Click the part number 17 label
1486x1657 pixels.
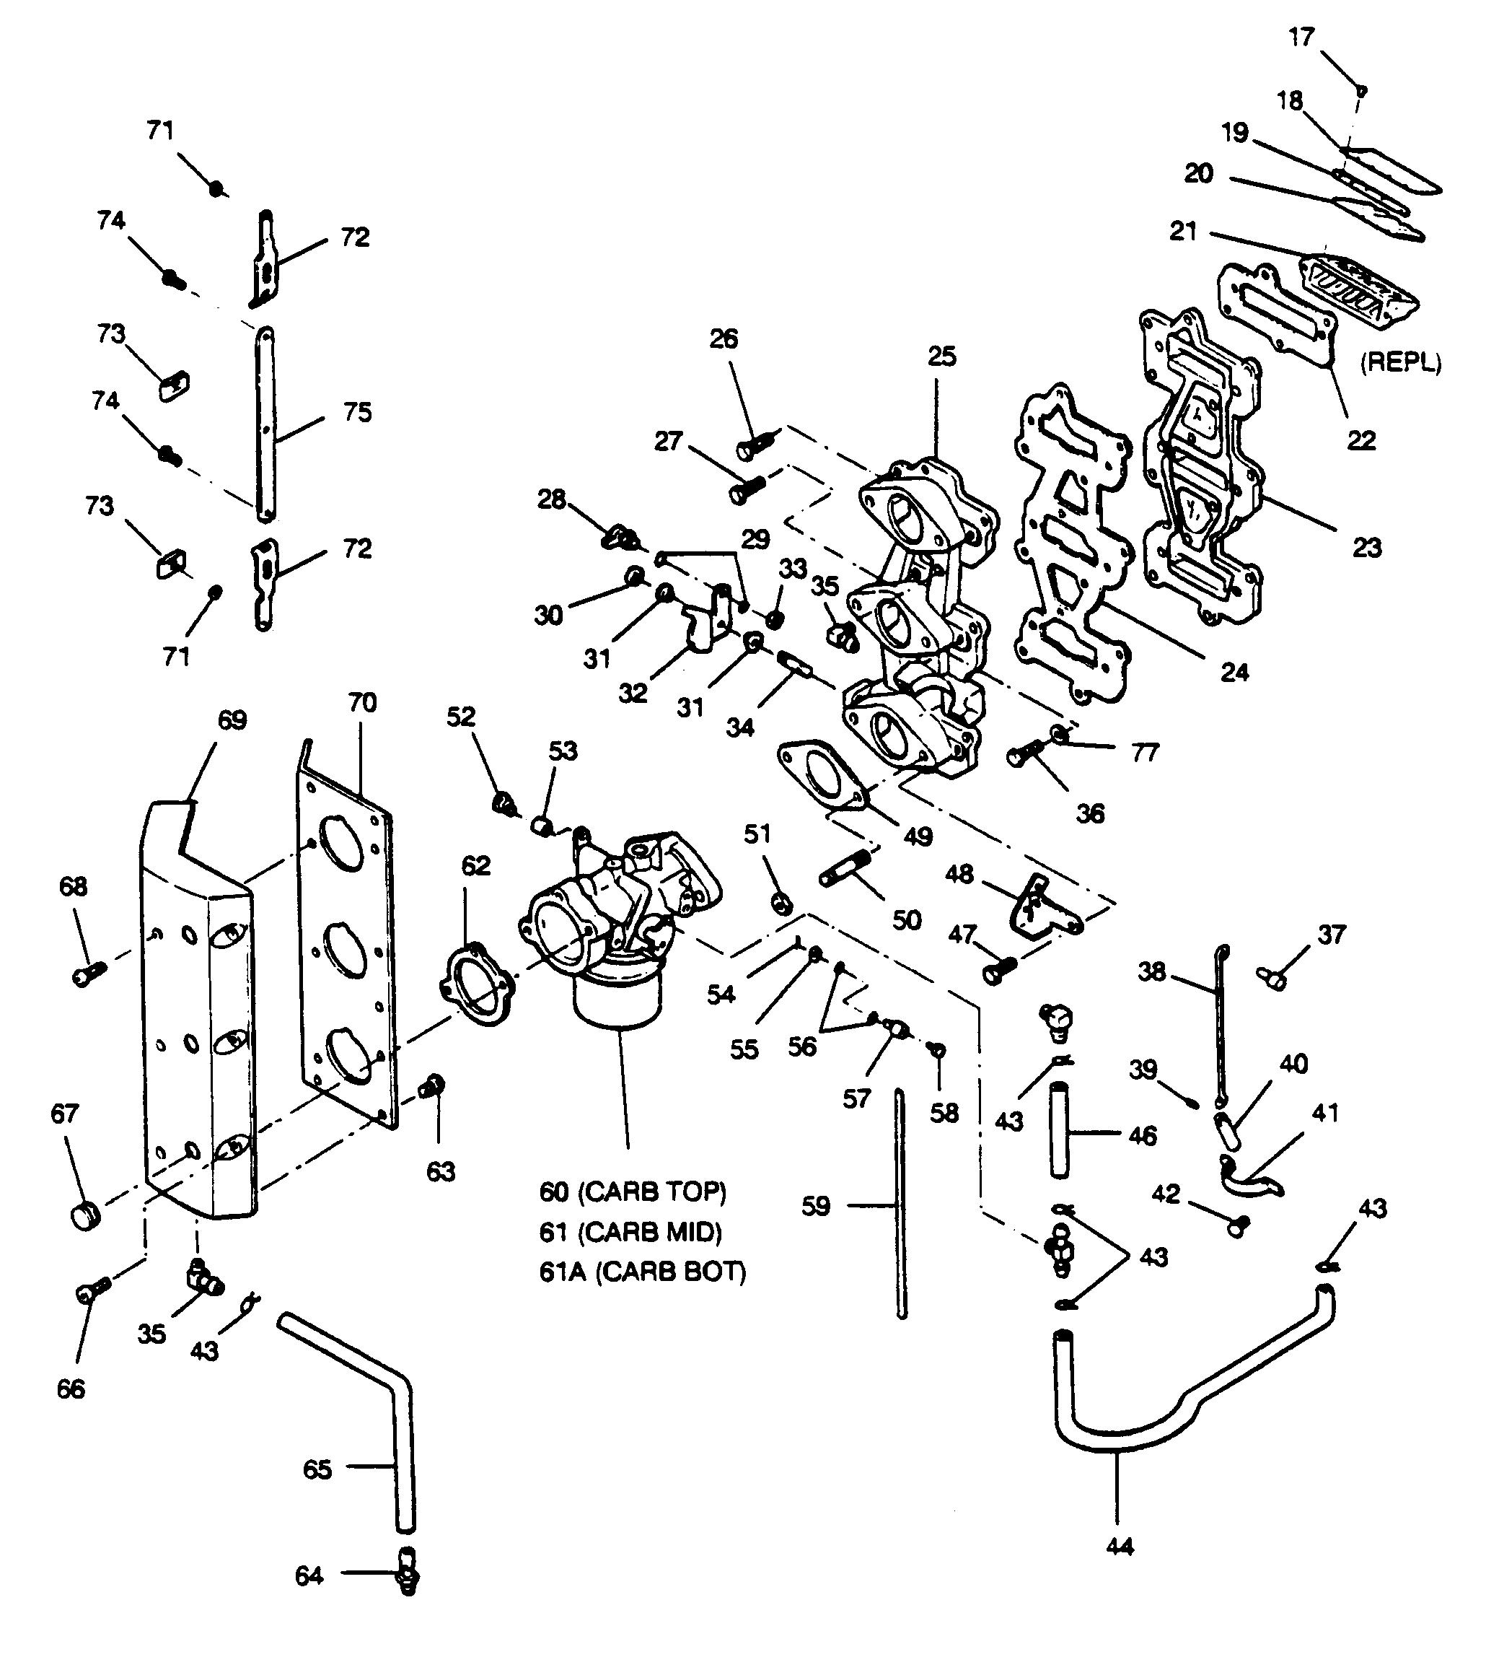click(1301, 38)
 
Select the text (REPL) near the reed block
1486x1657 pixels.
click(1400, 362)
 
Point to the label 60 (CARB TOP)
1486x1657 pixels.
click(632, 1192)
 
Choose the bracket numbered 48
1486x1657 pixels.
click(1041, 906)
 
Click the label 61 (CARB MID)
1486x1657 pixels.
click(630, 1231)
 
